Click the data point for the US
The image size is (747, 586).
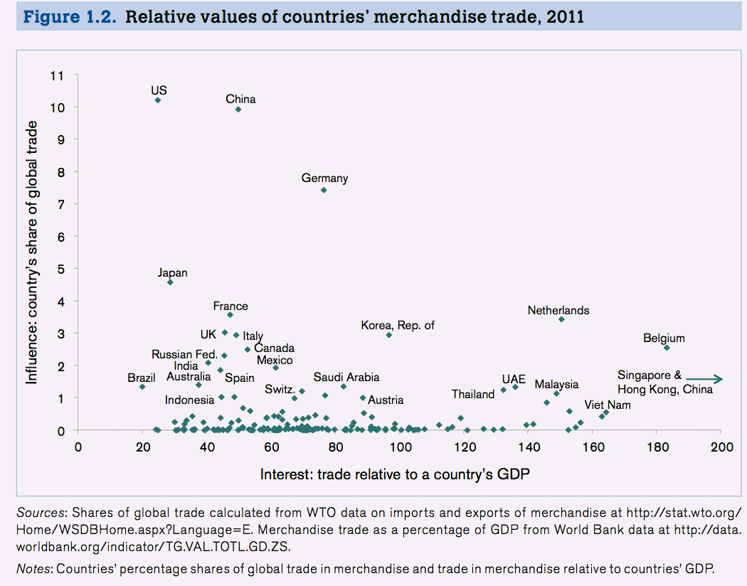[x=157, y=100]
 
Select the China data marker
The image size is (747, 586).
[x=238, y=110]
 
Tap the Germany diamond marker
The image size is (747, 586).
[x=324, y=190]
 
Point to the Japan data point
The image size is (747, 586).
[x=170, y=282]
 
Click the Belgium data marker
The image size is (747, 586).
[x=667, y=348]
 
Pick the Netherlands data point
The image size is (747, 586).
[x=561, y=319]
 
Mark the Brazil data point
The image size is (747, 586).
[x=142, y=387]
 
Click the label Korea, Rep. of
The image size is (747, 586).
[x=397, y=325]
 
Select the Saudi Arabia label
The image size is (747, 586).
[x=346, y=377]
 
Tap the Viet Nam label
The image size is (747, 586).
[x=607, y=405]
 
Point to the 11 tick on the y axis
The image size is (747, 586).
[x=57, y=75]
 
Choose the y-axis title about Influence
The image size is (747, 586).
[x=32, y=252]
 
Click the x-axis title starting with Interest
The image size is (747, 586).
[x=395, y=474]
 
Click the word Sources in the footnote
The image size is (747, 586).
[x=41, y=512]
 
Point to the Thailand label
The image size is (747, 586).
[x=473, y=394]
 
